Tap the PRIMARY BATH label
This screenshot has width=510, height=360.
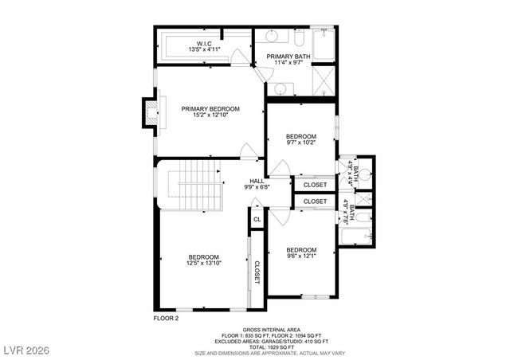(288, 57)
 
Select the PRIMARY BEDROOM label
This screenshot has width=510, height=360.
(210, 108)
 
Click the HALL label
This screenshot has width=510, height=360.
(257, 181)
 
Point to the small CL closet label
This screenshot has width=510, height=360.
(257, 219)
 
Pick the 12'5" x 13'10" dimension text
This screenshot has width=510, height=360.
(203, 263)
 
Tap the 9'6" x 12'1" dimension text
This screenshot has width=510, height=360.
(301, 256)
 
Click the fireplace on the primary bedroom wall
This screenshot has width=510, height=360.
(149, 112)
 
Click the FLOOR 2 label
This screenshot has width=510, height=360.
(167, 317)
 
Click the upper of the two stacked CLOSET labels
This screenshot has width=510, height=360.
(315, 185)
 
